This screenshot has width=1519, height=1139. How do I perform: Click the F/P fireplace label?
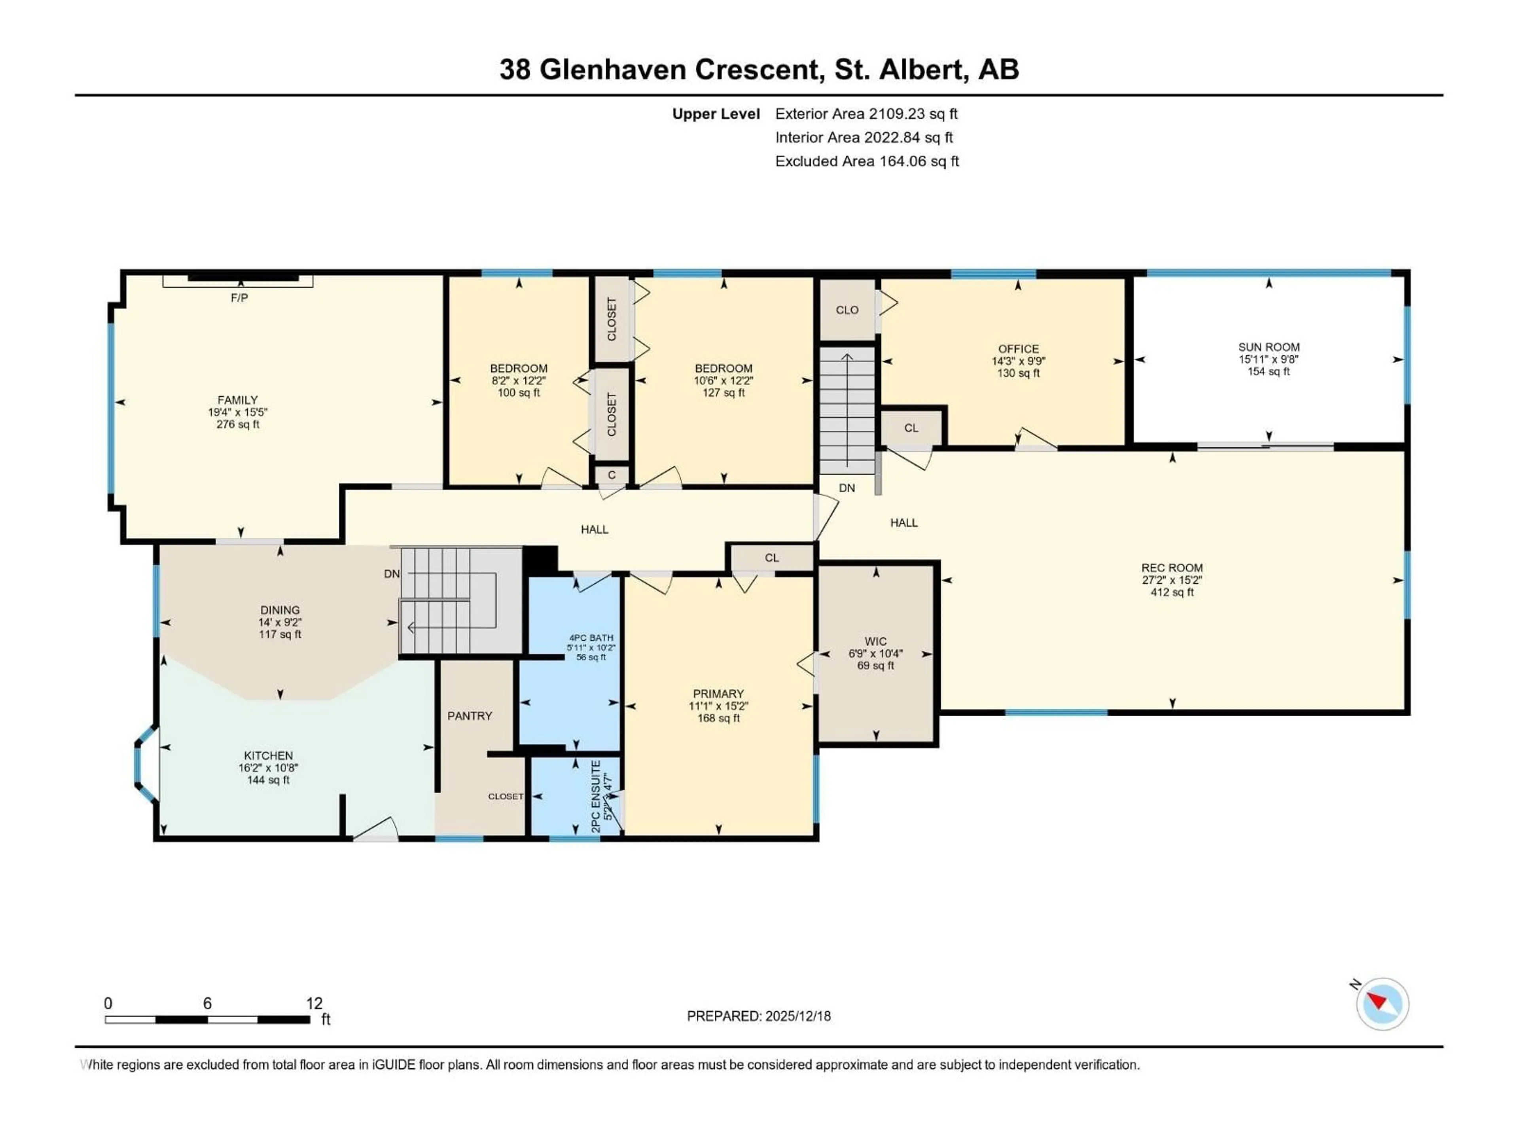pos(239,298)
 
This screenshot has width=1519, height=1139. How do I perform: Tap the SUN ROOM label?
pos(1268,347)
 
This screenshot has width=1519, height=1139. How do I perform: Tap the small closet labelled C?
pos(611,475)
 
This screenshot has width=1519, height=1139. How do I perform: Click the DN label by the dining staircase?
pos(392,574)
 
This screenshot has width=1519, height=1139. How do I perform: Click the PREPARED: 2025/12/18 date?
pos(758,1016)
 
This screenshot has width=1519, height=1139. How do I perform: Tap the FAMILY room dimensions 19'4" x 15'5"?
pos(238,412)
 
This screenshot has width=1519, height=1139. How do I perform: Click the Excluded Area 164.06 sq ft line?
pos(867,161)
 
